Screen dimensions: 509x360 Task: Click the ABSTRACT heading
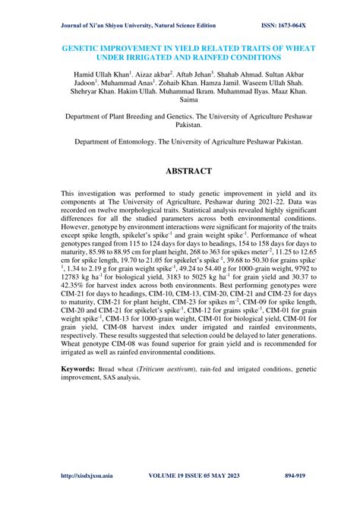click(x=180, y=171)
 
